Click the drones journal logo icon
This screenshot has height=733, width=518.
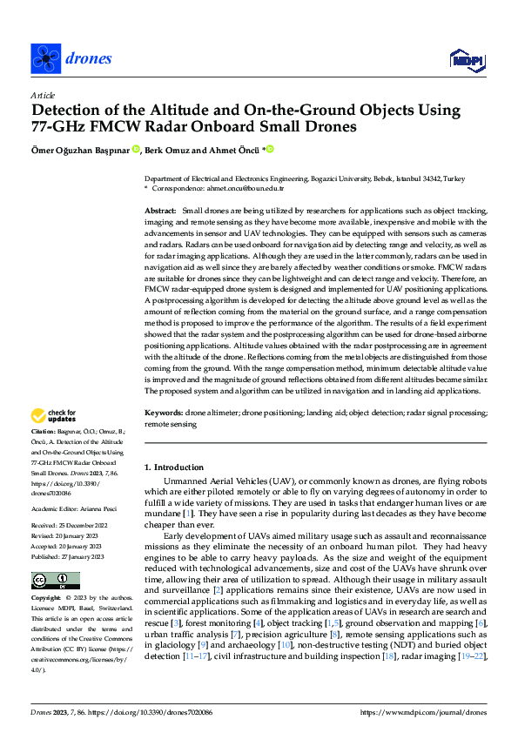[46, 58]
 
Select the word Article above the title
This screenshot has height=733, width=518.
[43, 95]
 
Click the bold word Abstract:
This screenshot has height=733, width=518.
[160, 212]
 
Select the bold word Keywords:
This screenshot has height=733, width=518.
[165, 414]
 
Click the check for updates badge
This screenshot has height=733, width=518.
[55, 416]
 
